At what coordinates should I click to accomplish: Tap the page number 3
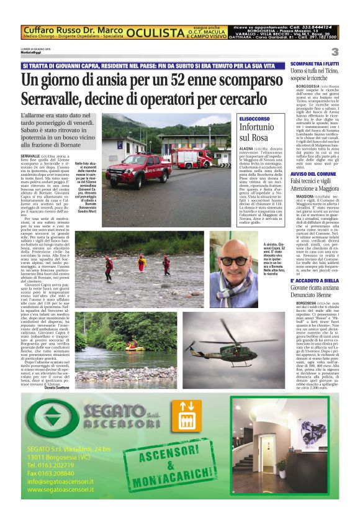(335, 52)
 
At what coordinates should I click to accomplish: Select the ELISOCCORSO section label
(254, 117)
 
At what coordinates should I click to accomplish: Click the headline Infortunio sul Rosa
(254, 132)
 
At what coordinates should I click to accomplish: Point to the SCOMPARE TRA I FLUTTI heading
(323, 64)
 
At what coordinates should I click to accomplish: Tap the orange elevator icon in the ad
(186, 423)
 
